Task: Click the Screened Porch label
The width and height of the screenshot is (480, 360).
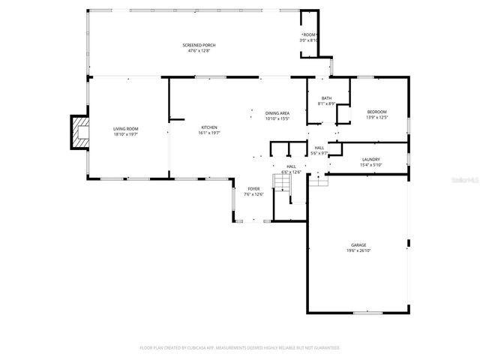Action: pyautogui.click(x=199, y=45)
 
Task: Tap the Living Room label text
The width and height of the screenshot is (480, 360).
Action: pyautogui.click(x=126, y=128)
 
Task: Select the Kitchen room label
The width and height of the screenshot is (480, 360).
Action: pyautogui.click(x=208, y=127)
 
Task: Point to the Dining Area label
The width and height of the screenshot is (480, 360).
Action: pyautogui.click(x=277, y=113)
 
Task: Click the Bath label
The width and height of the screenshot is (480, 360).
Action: pyautogui.click(x=326, y=98)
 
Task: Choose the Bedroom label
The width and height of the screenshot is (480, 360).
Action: pyautogui.click(x=376, y=112)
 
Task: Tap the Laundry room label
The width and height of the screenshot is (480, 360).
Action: pyautogui.click(x=370, y=159)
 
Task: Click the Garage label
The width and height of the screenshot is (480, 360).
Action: pyautogui.click(x=359, y=244)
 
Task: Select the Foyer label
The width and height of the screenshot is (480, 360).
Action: pyautogui.click(x=254, y=189)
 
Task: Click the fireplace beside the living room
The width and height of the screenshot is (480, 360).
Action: pyautogui.click(x=79, y=133)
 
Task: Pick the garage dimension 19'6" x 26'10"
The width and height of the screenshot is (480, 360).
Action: pyautogui.click(x=359, y=250)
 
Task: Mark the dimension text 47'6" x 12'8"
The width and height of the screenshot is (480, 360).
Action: pyautogui.click(x=199, y=51)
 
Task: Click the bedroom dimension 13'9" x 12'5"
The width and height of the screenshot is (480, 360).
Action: pyautogui.click(x=376, y=118)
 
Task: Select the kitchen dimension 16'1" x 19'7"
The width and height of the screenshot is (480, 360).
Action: pyautogui.click(x=208, y=133)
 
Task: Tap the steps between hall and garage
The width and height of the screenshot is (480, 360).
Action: pyautogui.click(x=319, y=180)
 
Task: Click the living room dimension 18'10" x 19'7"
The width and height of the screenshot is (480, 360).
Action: pyautogui.click(x=126, y=134)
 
